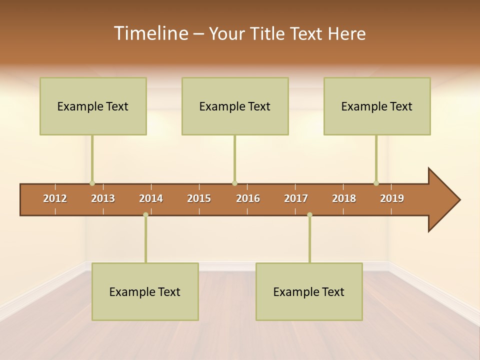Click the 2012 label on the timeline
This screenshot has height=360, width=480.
point(55,198)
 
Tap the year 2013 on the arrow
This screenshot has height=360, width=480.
point(103,198)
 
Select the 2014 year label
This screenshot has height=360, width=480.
point(151,198)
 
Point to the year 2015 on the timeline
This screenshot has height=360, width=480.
point(199,198)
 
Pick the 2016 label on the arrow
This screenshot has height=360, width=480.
point(248,198)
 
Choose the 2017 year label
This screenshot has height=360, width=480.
point(296,198)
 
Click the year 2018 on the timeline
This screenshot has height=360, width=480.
point(344,198)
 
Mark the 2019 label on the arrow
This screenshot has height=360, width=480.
point(392,198)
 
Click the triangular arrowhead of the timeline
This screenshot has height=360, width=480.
point(443,200)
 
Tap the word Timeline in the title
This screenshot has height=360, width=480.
point(150,33)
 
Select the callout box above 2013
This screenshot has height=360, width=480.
point(93,106)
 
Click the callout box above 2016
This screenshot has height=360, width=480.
point(235,106)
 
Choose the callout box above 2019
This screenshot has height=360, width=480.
point(377,106)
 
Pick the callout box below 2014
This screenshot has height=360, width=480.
point(145,291)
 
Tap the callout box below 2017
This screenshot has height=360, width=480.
point(309,291)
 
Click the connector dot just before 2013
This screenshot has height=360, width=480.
point(92,183)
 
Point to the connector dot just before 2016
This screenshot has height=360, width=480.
point(234,183)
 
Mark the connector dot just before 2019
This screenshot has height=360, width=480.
point(376,183)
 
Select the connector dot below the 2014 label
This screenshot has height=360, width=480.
point(145,214)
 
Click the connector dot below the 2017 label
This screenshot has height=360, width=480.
point(309,214)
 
